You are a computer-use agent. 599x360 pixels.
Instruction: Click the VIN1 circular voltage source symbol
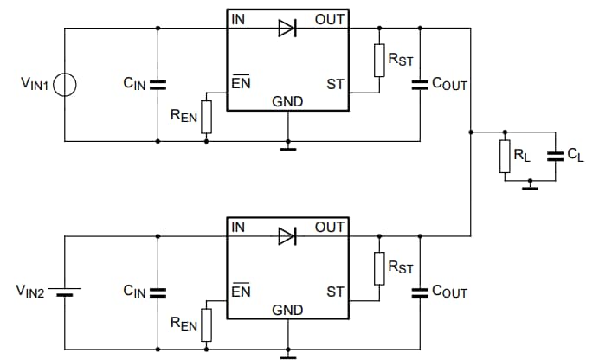(x=66, y=84)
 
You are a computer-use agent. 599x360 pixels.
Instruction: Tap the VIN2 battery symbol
(x=66, y=292)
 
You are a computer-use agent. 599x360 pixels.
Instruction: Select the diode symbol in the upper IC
(x=287, y=28)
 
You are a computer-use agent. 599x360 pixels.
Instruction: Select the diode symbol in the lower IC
(x=287, y=235)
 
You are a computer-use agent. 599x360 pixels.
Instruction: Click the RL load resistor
(x=505, y=156)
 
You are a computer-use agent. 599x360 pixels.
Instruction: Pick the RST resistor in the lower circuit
(x=378, y=267)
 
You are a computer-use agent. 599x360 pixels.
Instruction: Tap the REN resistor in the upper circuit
(x=206, y=118)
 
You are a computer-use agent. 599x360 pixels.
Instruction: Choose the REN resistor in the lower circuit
(x=206, y=325)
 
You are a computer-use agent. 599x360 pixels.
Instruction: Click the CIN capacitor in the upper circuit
(x=158, y=84)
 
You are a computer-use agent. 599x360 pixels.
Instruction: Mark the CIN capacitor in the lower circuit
(x=158, y=292)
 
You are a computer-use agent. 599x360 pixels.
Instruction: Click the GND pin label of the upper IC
(x=287, y=101)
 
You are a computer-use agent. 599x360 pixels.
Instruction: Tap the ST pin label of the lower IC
(x=335, y=292)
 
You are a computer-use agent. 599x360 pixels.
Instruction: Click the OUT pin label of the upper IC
(x=330, y=19)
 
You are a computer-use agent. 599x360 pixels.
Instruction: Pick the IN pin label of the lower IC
(x=238, y=227)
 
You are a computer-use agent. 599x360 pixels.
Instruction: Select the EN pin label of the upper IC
(x=240, y=84)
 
